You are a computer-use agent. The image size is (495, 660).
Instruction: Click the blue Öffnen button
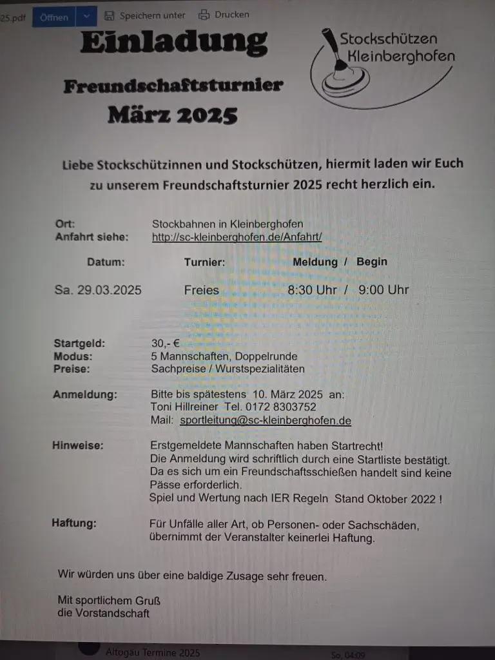54,17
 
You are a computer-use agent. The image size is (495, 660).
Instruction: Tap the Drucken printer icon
204,15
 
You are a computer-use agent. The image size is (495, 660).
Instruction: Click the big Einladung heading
174,43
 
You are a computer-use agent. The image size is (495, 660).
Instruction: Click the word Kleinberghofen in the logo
400,56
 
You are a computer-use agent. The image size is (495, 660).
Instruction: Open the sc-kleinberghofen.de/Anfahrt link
237,237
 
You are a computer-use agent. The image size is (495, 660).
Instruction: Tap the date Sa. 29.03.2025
98,290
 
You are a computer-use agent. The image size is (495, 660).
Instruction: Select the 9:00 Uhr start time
383,290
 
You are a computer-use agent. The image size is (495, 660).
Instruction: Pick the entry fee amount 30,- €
166,344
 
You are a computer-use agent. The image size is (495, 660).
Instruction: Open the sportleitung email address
266,421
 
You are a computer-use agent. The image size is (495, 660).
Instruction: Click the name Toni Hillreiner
185,407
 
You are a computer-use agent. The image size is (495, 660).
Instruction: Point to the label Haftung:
74,523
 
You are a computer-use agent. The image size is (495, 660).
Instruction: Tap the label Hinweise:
78,445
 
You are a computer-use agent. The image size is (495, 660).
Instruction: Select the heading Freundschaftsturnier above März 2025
173,86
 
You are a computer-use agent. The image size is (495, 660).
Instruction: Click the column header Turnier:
204,262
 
